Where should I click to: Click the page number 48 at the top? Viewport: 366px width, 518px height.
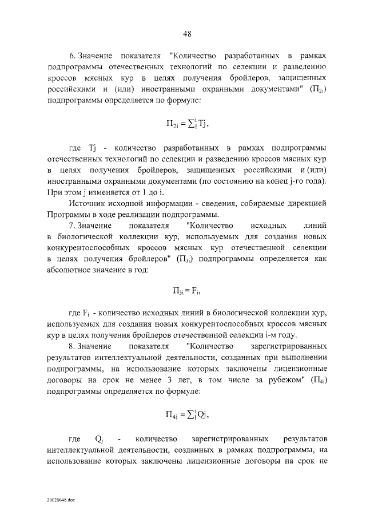pyautogui.click(x=187, y=34)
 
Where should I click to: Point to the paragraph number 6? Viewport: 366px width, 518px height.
pyautogui.click(x=72, y=56)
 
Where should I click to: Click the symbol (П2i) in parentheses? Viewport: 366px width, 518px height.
pyautogui.click(x=317, y=89)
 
